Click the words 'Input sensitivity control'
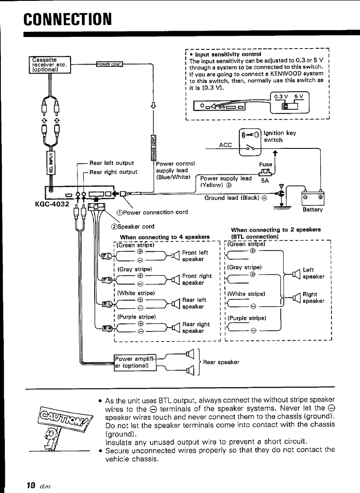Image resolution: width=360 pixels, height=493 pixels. (225, 55)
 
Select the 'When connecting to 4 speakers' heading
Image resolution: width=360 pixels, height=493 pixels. (164, 237)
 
